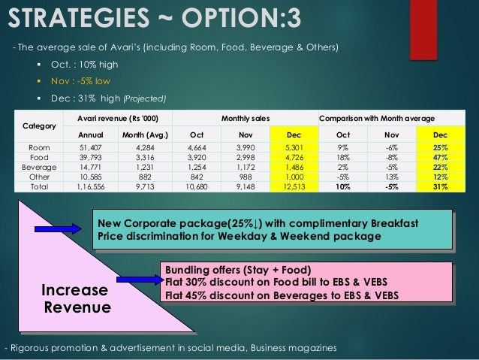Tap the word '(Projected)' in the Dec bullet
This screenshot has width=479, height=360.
146,98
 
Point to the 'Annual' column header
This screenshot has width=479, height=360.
81,135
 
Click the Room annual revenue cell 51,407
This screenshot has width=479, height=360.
81,148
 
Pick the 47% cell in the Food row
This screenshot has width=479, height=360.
439,158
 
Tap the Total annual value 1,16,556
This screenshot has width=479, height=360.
81,186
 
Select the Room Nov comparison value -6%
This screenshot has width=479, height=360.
390,148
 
